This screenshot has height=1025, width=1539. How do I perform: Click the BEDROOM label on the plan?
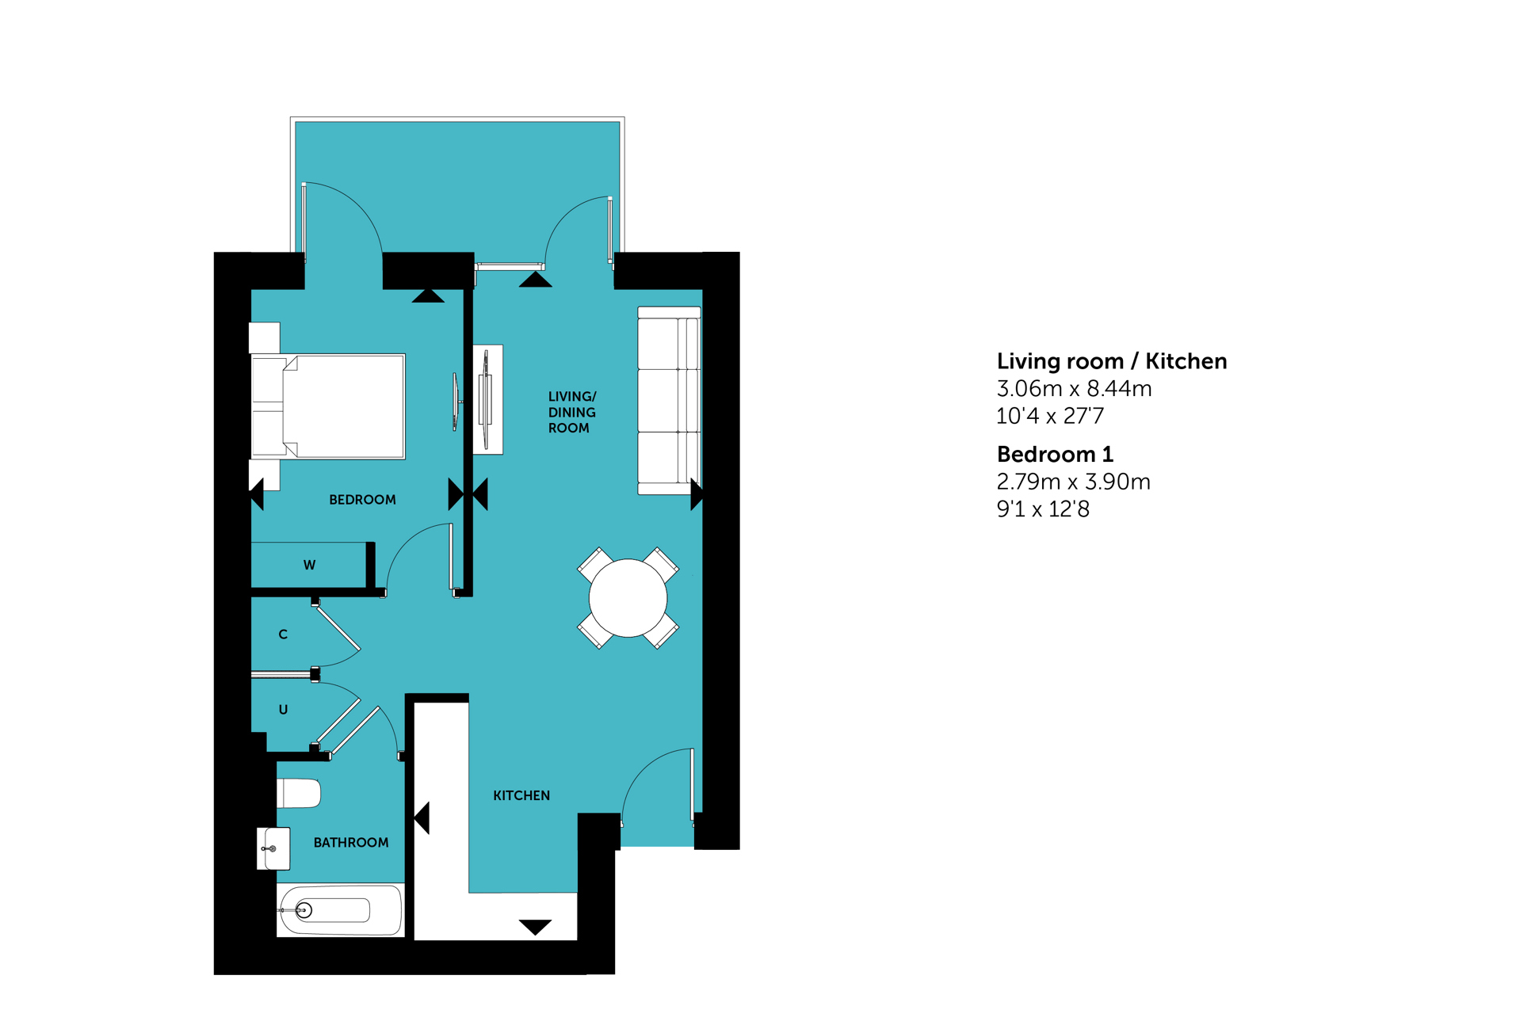coord(362,500)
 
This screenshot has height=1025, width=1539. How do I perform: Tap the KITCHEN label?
coord(521,795)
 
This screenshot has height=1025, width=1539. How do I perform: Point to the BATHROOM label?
coord(351,843)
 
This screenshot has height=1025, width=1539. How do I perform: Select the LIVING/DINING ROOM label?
coord(572,412)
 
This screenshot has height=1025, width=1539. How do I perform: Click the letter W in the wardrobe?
coord(309,566)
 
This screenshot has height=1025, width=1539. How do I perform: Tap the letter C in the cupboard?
coord(283,634)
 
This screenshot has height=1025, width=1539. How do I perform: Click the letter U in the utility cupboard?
coord(283,710)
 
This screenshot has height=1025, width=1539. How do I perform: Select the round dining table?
coord(628,598)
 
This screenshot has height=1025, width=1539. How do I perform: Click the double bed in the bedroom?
coord(328,406)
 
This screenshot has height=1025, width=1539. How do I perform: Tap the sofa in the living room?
coord(670,401)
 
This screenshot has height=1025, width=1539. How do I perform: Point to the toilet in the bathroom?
coord(299,793)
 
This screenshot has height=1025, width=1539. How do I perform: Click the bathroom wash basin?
coord(273,848)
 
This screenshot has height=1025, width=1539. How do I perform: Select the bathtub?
coord(341,910)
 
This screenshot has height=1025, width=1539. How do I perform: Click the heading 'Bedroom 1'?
coord(1055,455)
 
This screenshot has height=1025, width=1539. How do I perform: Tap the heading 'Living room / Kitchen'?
coord(1112,361)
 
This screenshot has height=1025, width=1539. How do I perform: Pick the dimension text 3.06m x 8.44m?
coord(1074,389)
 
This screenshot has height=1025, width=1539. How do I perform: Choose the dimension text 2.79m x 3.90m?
coord(1073,482)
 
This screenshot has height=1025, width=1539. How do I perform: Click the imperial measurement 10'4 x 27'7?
coord(1050,416)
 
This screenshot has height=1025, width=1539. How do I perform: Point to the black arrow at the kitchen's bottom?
coord(535,927)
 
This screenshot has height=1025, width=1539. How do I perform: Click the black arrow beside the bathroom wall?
coord(422,817)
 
